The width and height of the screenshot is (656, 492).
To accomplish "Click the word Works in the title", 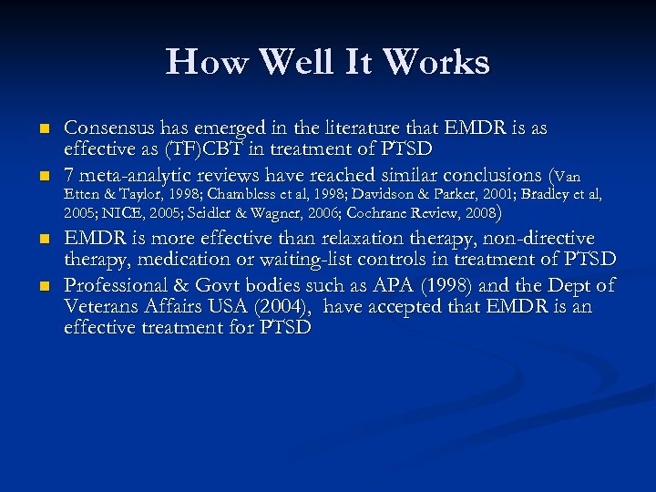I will pyautogui.click(x=436, y=62).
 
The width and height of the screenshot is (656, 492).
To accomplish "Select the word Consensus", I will pyautogui.click(x=110, y=128).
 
